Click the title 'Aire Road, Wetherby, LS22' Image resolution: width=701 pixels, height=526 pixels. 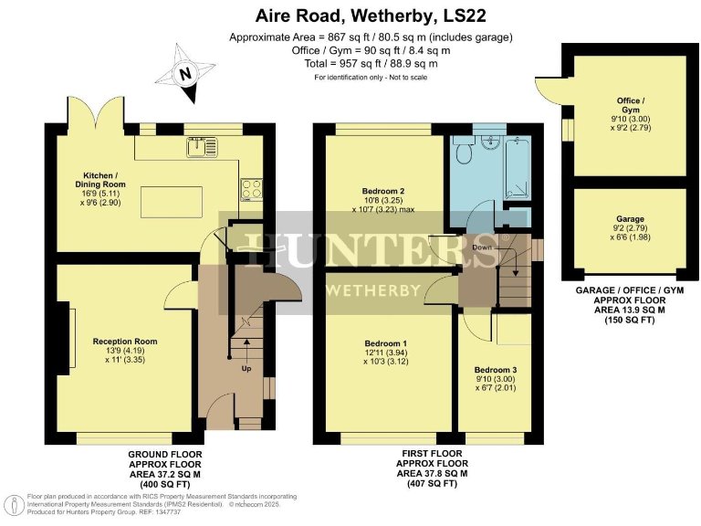[350, 16]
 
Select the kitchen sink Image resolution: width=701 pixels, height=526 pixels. [203, 145]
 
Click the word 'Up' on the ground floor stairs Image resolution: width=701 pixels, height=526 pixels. [246, 369]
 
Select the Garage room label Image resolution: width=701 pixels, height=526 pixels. [630, 225]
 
